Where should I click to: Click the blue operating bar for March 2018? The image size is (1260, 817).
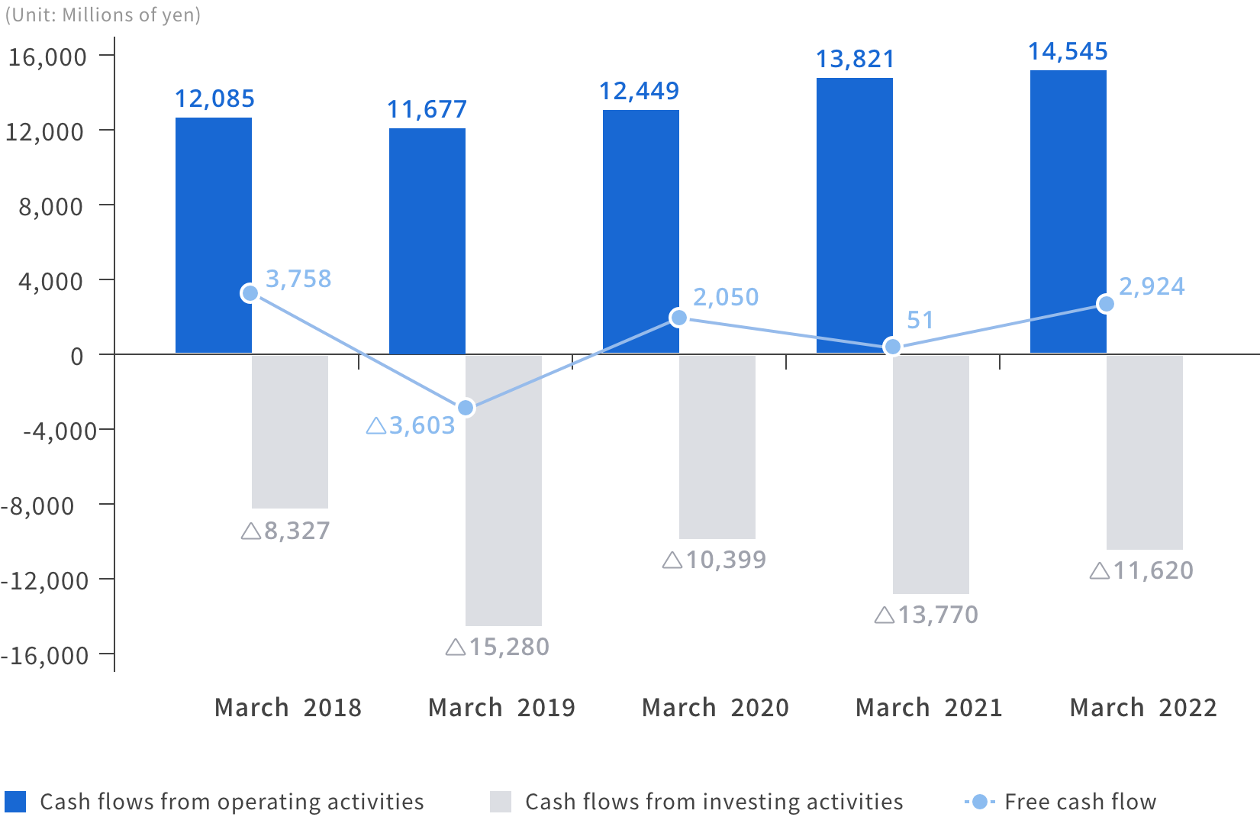(213, 235)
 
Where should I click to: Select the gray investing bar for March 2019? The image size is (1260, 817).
(503, 490)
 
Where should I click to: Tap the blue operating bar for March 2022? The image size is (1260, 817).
(1068, 212)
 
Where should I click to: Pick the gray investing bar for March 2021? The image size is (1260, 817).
(930, 474)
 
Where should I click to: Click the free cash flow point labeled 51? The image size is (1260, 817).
(892, 347)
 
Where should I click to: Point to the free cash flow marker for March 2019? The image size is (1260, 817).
(465, 408)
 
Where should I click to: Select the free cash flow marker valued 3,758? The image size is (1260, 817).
(250, 293)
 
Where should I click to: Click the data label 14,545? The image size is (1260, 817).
(1068, 52)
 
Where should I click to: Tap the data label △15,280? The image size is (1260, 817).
(498, 647)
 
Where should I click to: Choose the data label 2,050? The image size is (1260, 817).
(725, 297)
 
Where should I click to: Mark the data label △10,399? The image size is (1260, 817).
(714, 560)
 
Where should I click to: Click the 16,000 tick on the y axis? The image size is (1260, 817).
(47, 57)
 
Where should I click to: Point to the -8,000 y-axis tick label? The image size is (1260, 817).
(38, 505)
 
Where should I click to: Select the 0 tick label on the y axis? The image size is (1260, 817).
(76, 356)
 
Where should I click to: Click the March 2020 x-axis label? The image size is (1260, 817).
(715, 708)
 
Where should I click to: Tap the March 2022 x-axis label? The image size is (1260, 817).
(1142, 708)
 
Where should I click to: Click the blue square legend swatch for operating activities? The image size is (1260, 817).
(15, 802)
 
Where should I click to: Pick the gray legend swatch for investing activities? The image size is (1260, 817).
(501, 802)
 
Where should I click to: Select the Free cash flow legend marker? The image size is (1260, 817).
(980, 802)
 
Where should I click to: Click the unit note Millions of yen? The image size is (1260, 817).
(103, 15)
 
